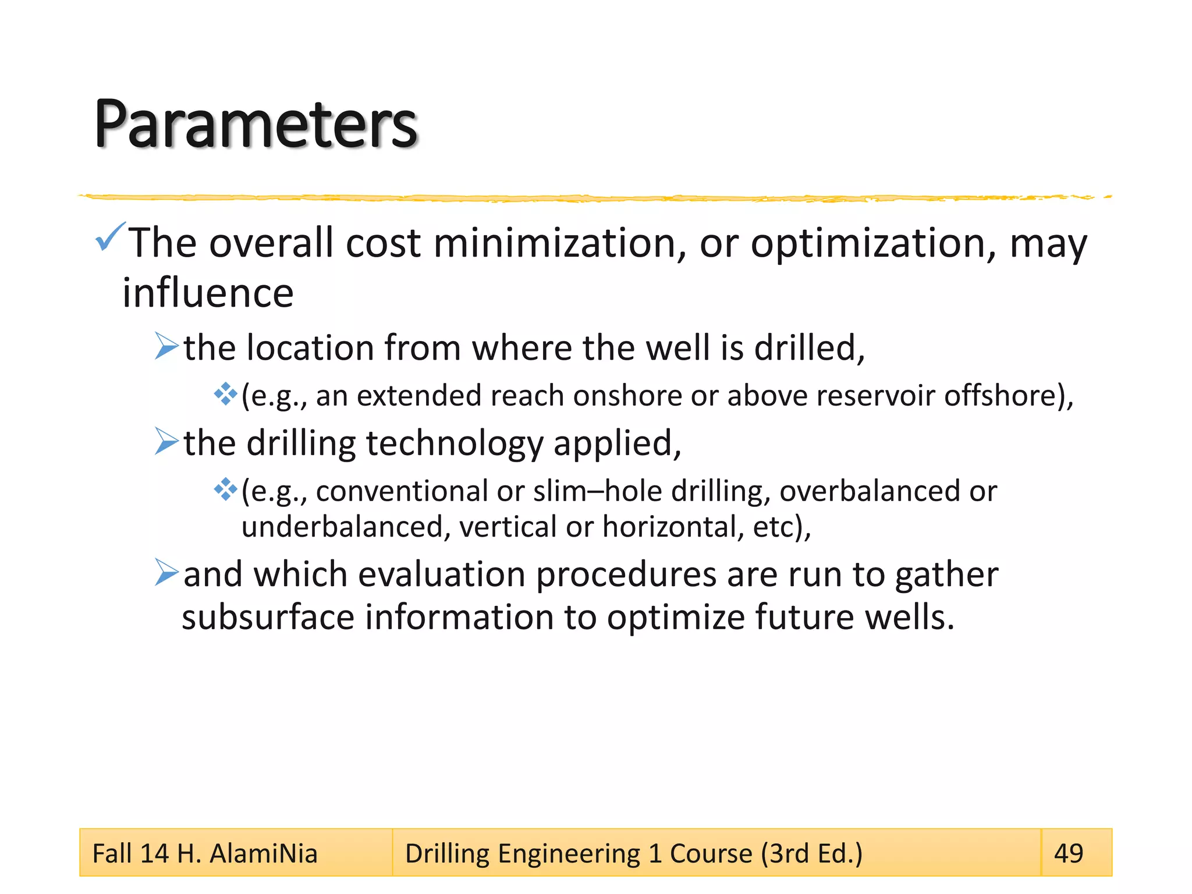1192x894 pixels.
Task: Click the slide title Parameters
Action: pos(256,125)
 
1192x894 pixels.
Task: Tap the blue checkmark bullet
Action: pos(110,237)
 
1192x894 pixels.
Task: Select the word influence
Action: pos(208,293)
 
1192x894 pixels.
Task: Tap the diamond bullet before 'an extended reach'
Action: pos(225,395)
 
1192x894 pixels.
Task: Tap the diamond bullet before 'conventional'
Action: pos(225,489)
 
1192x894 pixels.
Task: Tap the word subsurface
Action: pos(268,618)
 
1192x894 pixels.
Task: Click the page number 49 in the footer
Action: pos(1069,853)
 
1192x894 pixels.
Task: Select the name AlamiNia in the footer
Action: pos(264,854)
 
